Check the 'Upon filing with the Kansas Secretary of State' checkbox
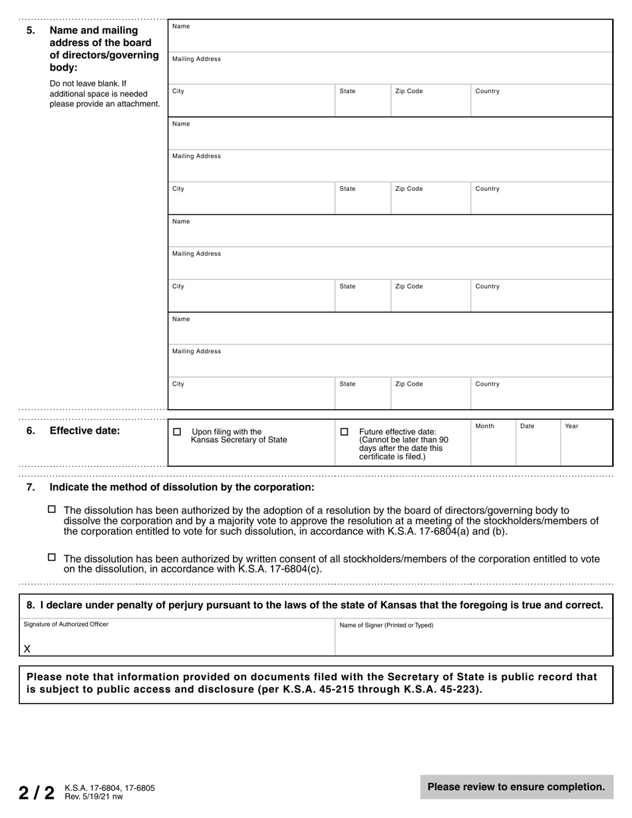tap(177, 432)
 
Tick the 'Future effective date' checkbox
tap(344, 432)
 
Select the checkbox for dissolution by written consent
tap(52, 558)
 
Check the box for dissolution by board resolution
tap(52, 509)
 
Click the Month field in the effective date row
tap(493, 442)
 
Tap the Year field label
tap(571, 426)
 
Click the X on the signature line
tap(27, 649)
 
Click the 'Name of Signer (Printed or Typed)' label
tap(386, 625)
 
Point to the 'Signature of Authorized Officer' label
tap(66, 624)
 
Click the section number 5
tap(31, 31)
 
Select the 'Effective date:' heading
tap(85, 431)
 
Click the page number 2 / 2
tap(37, 793)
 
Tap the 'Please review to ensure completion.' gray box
tap(516, 787)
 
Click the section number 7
tap(31, 487)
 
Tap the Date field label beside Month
tap(527, 426)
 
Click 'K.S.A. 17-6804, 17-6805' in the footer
tap(110, 788)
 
